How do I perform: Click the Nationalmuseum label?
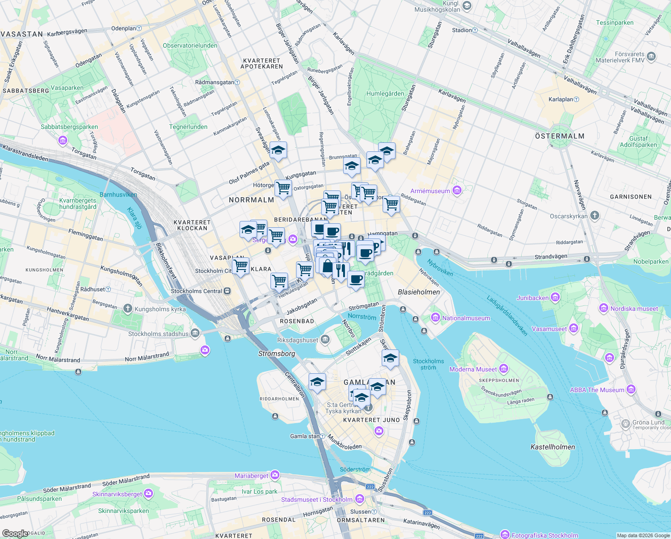[466, 318]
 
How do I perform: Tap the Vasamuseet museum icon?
[573, 328]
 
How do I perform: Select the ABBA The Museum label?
[597, 390]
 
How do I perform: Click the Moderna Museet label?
[473, 369]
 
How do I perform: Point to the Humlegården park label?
[385, 93]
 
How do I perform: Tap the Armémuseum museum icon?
[457, 190]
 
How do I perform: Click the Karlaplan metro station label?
[561, 99]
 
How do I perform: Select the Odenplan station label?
[123, 28]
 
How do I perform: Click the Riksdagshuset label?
[297, 340]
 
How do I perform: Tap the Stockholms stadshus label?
[158, 334]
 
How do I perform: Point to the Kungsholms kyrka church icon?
[128, 308]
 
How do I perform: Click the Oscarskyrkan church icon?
[594, 216]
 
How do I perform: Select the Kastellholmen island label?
[553, 447]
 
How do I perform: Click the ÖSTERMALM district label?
[559, 136]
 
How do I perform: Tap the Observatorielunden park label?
[190, 45]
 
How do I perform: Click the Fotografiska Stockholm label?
[545, 535]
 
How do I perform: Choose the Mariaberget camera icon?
[274, 475]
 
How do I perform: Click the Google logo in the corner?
[15, 534]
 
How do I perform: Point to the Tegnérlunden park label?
[188, 127]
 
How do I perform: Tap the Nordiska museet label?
[634, 309]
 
